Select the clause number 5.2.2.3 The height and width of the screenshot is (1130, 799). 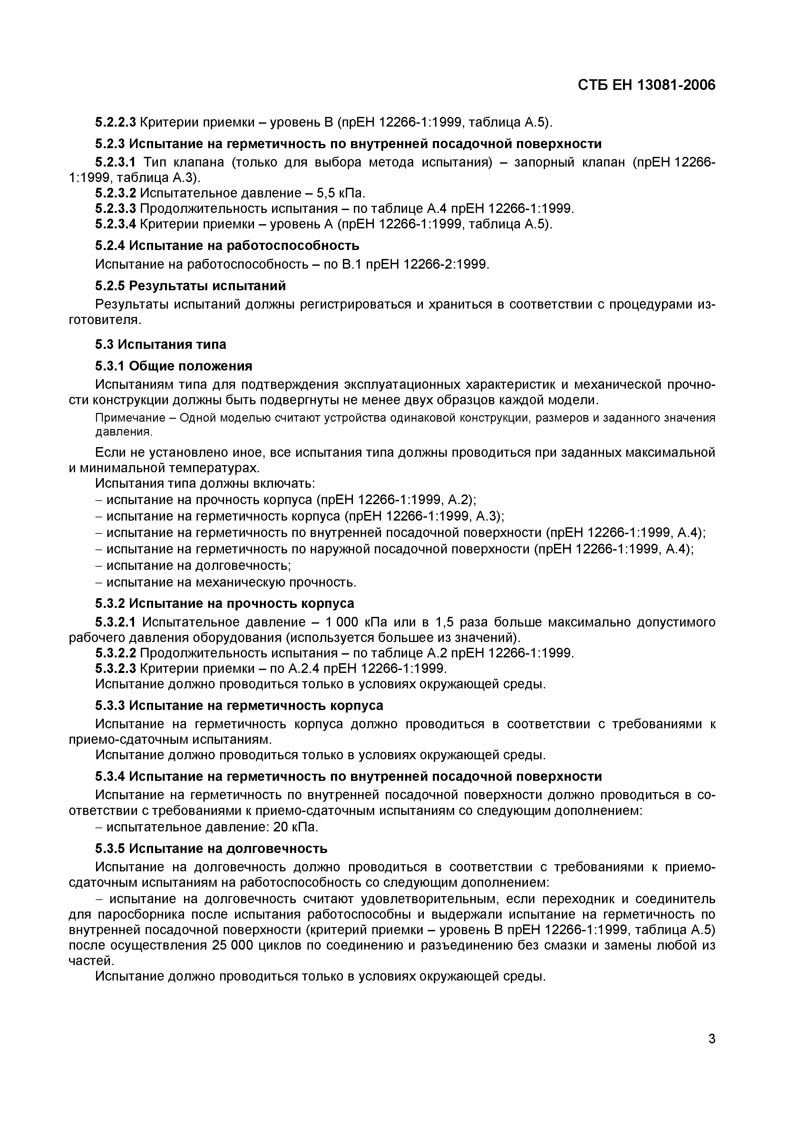point(115,122)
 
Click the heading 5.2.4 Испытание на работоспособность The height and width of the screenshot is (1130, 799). point(227,245)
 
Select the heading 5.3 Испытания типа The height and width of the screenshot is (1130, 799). point(161,344)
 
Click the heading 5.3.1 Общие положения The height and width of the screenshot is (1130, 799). point(173,366)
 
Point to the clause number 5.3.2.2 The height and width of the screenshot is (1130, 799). point(115,653)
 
